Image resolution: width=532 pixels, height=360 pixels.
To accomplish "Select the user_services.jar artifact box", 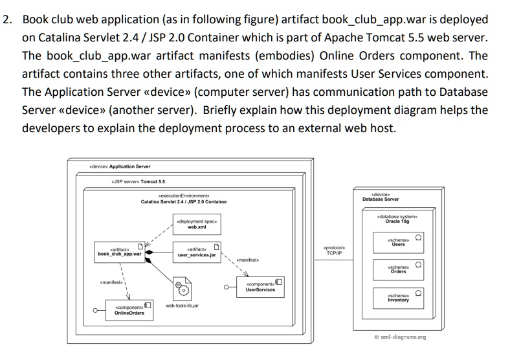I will (197, 252).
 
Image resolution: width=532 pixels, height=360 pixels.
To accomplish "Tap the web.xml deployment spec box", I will (196, 224).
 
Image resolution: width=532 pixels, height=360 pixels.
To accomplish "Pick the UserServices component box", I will (260, 287).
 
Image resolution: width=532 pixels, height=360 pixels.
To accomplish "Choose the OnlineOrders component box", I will (129, 310).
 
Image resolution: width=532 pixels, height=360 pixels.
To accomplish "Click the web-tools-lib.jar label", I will (182, 305).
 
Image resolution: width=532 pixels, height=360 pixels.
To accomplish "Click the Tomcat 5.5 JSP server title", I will (138, 182).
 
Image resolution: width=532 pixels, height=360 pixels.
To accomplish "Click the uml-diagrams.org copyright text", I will (400, 337).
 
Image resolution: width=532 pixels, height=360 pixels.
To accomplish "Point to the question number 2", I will (7, 19).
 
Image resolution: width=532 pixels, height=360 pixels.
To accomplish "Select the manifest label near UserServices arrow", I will (248, 260).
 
